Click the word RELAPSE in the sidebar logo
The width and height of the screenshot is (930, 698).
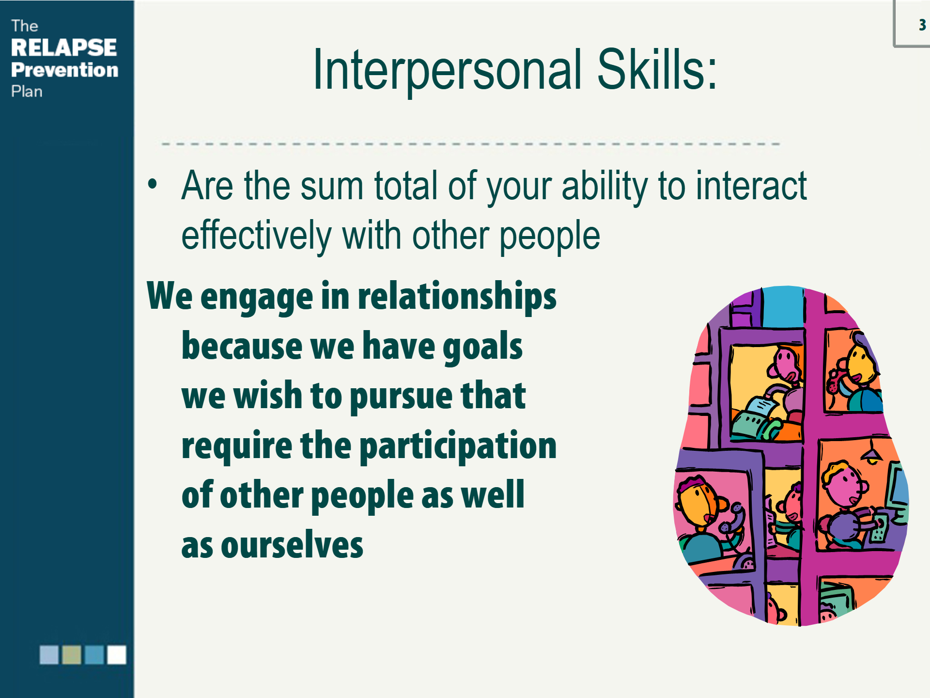[x=64, y=48]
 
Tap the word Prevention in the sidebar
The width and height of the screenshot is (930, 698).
[x=65, y=70]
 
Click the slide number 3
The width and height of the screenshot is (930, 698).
[x=922, y=25]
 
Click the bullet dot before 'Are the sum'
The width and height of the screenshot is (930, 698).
[x=153, y=184]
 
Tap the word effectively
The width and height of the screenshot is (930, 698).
[x=256, y=236]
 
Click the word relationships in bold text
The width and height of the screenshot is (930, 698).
[x=457, y=296]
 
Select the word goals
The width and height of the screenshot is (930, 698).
[x=482, y=347]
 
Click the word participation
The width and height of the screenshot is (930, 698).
[x=459, y=446]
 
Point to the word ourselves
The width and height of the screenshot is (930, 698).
[x=292, y=545]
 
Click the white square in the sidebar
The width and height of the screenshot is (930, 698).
[x=117, y=655]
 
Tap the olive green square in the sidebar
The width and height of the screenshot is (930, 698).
[x=72, y=655]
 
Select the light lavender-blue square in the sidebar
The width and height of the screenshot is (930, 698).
[x=49, y=655]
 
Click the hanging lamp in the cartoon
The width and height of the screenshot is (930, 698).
[x=872, y=454]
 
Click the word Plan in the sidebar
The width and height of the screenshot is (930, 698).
[x=27, y=92]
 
